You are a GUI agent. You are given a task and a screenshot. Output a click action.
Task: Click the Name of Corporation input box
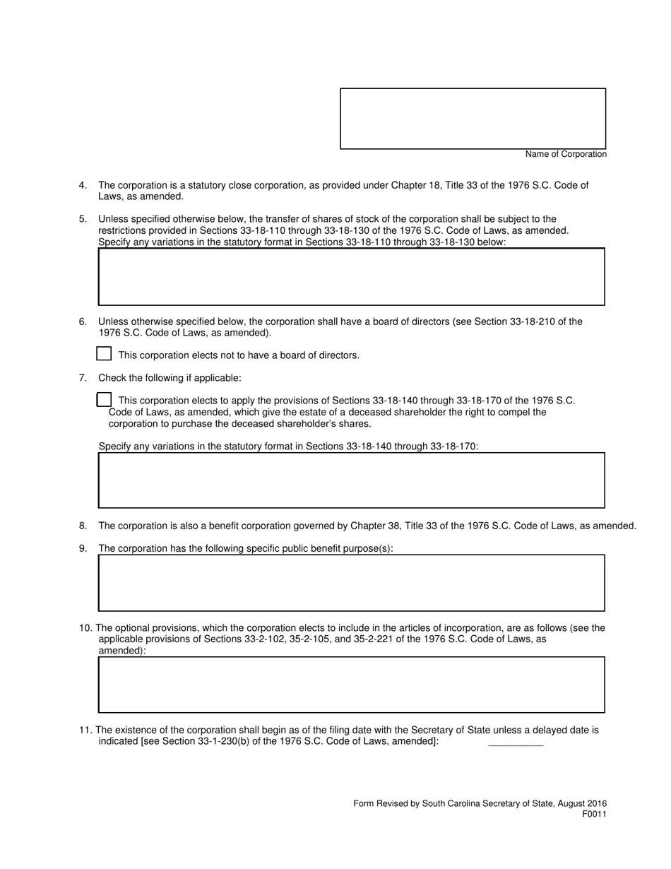[x=473, y=119]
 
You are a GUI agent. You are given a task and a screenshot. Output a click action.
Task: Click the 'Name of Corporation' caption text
[x=565, y=154]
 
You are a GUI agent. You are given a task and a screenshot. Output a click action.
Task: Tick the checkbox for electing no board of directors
[x=104, y=354]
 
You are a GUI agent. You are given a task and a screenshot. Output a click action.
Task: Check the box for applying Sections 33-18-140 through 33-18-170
[x=104, y=400]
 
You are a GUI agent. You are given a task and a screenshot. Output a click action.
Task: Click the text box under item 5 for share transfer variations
[x=351, y=276]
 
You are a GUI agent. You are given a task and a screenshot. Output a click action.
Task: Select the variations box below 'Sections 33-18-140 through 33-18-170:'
[x=351, y=480]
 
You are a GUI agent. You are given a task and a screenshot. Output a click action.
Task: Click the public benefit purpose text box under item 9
[x=351, y=582]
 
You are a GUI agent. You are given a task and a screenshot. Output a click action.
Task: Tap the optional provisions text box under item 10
[x=351, y=684]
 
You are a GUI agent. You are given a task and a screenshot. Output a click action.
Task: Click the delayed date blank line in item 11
[x=516, y=742]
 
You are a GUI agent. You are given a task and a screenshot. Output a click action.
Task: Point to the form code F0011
[x=594, y=814]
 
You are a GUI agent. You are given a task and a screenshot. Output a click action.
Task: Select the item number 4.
[x=83, y=185]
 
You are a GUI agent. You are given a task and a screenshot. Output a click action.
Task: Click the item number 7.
[x=83, y=378]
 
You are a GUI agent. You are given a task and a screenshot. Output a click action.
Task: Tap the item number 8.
[x=83, y=526]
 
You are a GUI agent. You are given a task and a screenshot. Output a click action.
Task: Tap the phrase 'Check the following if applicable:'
[x=170, y=378]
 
